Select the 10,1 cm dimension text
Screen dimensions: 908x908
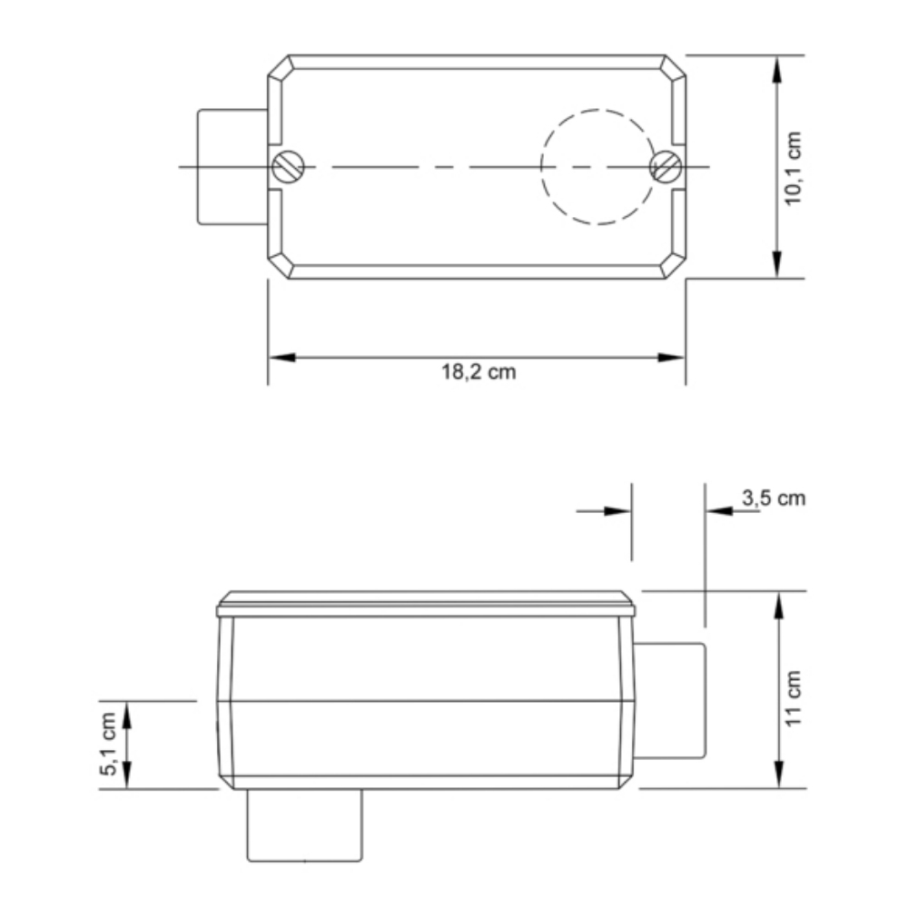(794, 167)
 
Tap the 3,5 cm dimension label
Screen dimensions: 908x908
(773, 498)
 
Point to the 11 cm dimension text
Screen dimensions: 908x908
(794, 697)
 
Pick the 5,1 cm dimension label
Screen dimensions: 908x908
(109, 745)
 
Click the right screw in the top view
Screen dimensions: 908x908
(666, 167)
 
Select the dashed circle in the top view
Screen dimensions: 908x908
(597, 167)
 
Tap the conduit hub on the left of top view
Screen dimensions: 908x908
(232, 167)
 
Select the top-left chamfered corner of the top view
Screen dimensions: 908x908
(280, 68)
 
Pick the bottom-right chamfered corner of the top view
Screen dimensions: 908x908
(673, 266)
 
